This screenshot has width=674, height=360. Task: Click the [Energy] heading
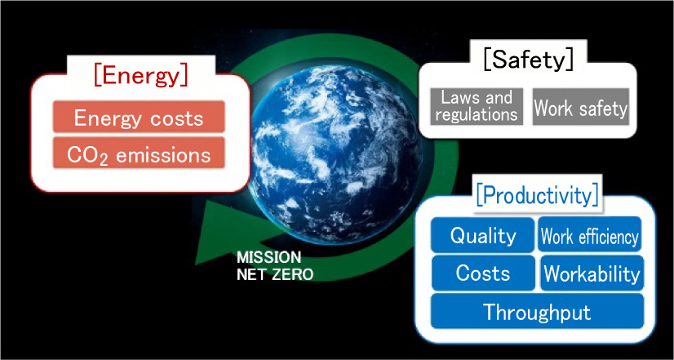(141, 76)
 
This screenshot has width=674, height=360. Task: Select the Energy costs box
(139, 117)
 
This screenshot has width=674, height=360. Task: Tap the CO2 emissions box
(139, 153)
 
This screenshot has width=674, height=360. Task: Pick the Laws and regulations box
(477, 107)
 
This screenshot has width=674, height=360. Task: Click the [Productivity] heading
(537, 196)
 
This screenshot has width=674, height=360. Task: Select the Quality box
(483, 235)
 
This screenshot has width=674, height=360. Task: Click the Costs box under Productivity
(483, 273)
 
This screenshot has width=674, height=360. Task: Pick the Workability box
(592, 273)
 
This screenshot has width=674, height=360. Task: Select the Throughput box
(537, 311)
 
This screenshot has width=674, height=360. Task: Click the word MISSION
(269, 258)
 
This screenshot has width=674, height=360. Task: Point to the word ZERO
(291, 274)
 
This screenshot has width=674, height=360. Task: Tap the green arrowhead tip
(196, 264)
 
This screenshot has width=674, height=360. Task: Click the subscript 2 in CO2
(105, 158)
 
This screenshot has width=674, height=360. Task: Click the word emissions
(163, 154)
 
